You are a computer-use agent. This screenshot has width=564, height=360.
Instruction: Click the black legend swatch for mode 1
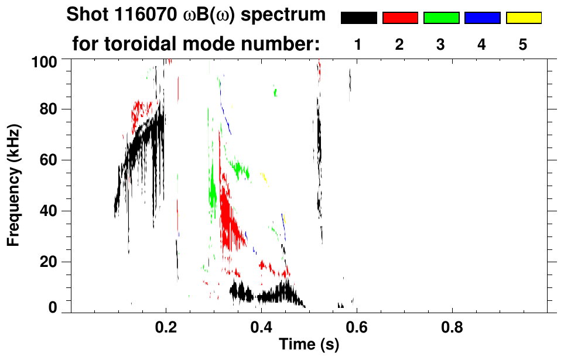click(358, 18)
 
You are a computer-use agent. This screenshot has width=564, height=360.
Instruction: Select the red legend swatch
click(400, 18)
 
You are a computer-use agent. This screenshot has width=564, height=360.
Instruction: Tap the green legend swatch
click(441, 18)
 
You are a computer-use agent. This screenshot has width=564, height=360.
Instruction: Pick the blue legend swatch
click(482, 18)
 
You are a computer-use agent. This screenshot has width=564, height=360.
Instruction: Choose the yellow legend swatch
click(524, 18)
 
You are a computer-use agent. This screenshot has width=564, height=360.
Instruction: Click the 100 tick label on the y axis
click(44, 61)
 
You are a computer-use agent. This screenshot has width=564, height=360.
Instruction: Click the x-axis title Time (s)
click(309, 345)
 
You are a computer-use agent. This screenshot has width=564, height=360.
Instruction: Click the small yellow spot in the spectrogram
click(264, 177)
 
